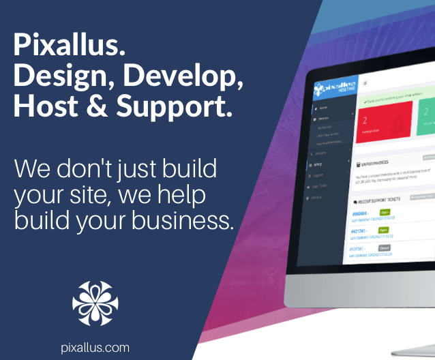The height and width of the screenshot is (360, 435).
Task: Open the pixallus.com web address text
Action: click(95, 348)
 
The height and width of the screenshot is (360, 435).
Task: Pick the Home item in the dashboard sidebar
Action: click(323, 108)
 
